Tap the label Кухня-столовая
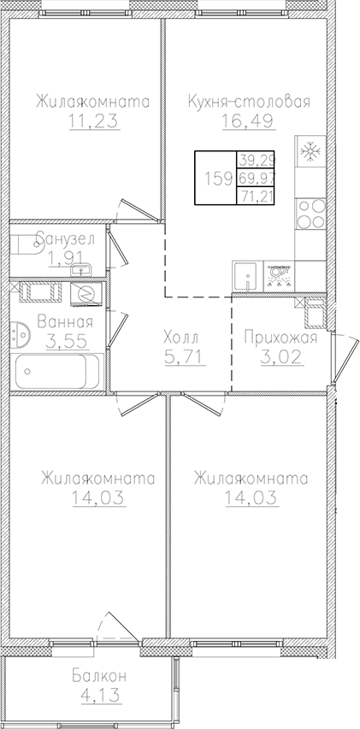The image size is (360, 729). click(x=248, y=103)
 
